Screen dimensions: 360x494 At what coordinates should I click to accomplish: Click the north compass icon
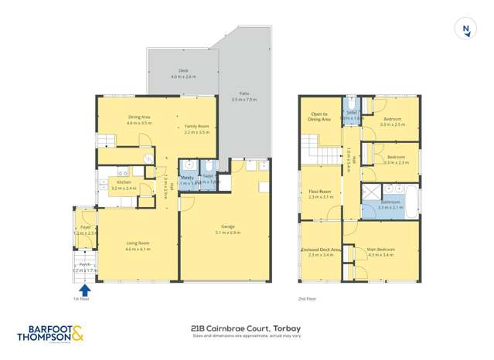tap(465, 29)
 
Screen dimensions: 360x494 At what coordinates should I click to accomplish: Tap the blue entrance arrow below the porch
tap(83, 290)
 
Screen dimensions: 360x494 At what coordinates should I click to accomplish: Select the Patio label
tap(244, 94)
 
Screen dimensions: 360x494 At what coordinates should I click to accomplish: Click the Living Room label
tap(138, 245)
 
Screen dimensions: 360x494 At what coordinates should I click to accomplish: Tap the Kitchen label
tap(124, 183)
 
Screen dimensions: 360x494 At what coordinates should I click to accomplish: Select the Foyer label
tap(85, 228)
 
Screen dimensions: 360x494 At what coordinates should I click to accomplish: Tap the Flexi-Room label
tap(319, 193)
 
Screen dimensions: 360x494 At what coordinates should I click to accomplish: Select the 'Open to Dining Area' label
tap(320, 117)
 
